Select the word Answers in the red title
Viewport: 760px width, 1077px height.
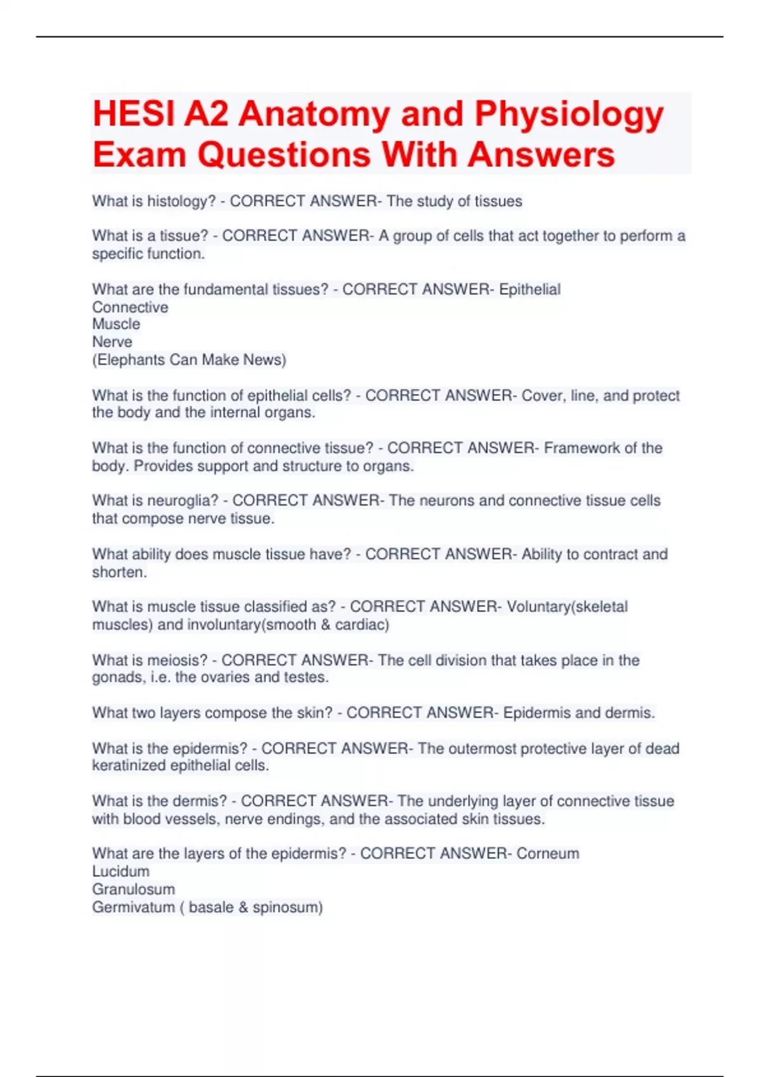pyautogui.click(x=541, y=155)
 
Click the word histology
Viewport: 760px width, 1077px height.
pyautogui.click(x=181, y=201)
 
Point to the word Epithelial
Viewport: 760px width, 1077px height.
pyautogui.click(x=529, y=290)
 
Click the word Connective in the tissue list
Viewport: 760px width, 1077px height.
pyautogui.click(x=130, y=307)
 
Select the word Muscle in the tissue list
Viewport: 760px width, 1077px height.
pyautogui.click(x=117, y=324)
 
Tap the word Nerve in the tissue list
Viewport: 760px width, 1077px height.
pyautogui.click(x=112, y=342)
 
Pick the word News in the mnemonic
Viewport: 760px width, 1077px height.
pyautogui.click(x=264, y=360)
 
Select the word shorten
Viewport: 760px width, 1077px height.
pyautogui.click(x=118, y=572)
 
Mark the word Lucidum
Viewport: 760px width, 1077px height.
pyautogui.click(x=121, y=871)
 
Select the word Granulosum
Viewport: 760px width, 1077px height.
pyautogui.click(x=134, y=889)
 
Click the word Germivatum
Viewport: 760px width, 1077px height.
pyautogui.click(x=133, y=907)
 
